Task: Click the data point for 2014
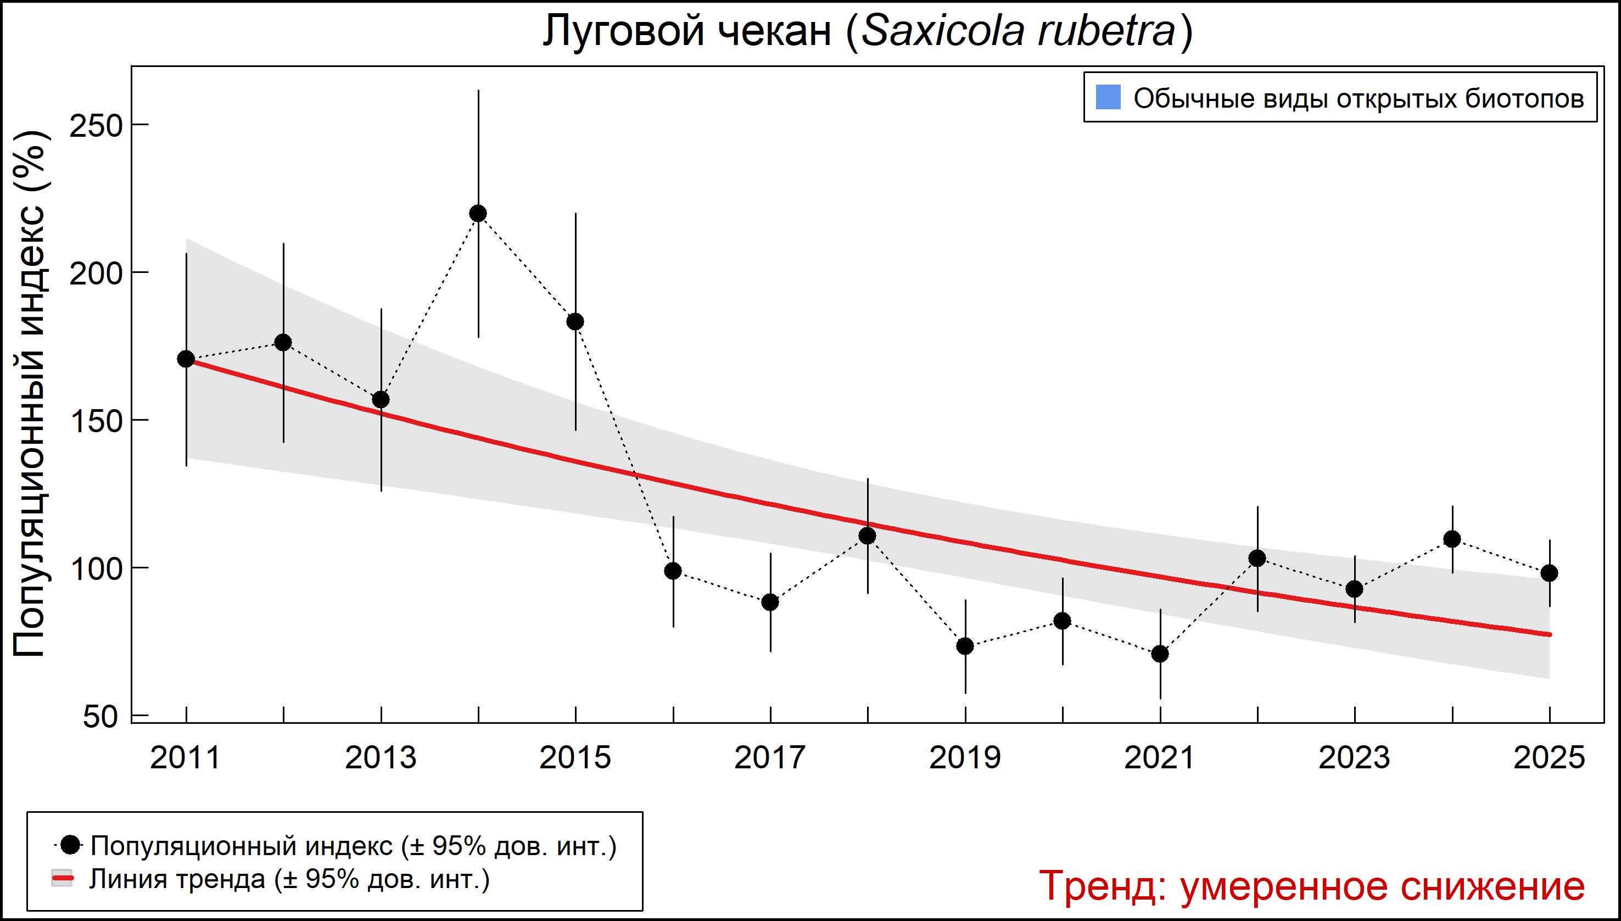click(478, 214)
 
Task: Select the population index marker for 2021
click(1160, 654)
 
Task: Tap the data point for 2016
click(673, 571)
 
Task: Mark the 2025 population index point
click(1550, 573)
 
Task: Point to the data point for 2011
click(186, 359)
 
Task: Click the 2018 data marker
click(868, 536)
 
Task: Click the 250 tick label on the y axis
click(96, 126)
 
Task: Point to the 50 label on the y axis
click(100, 717)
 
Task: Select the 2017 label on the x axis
click(770, 758)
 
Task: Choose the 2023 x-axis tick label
click(1355, 758)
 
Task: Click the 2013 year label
click(381, 758)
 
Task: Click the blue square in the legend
click(1108, 97)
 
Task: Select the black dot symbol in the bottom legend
click(71, 845)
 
